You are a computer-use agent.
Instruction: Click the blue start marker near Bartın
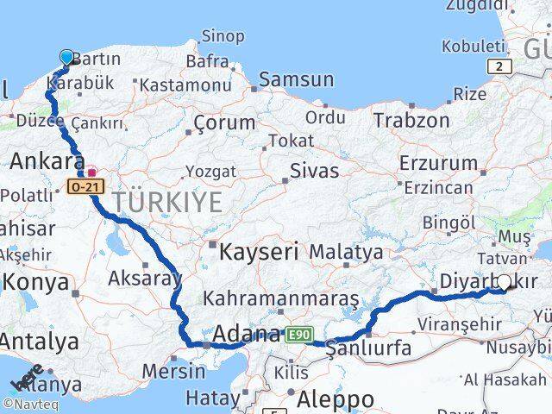click(x=67, y=57)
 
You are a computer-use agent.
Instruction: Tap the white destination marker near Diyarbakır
click(x=504, y=282)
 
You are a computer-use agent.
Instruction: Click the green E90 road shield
click(x=301, y=334)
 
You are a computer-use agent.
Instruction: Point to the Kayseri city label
click(x=259, y=253)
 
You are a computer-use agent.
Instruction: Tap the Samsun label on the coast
click(x=296, y=79)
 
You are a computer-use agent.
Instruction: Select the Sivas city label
click(x=315, y=170)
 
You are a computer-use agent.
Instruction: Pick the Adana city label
click(x=245, y=334)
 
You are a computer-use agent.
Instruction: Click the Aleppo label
click(x=336, y=399)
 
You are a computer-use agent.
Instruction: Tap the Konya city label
click(x=35, y=282)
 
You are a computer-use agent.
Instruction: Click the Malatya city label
click(x=346, y=253)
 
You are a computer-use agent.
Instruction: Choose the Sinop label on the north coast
click(x=223, y=36)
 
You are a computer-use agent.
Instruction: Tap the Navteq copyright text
click(x=28, y=404)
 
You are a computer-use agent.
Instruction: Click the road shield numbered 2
click(x=499, y=66)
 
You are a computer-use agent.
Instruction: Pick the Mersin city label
click(x=173, y=372)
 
